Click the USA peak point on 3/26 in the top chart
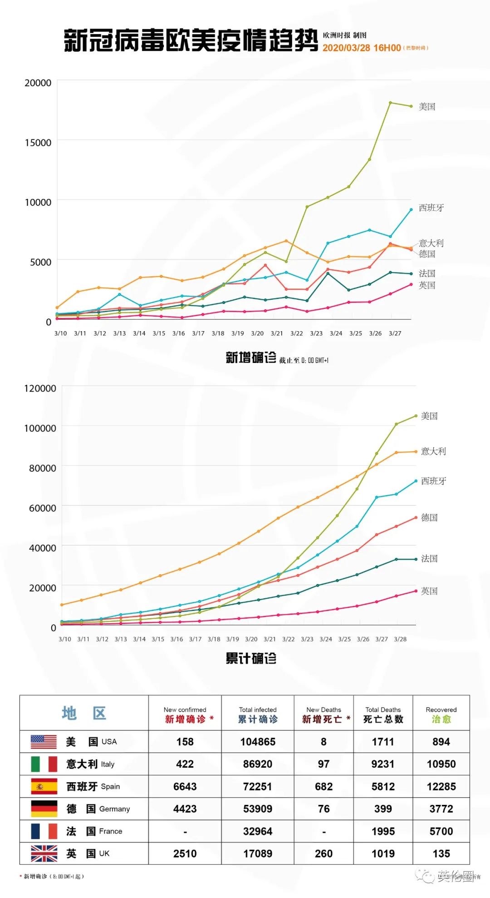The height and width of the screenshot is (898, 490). coord(390,103)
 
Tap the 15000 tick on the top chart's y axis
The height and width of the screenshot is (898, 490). coord(38,143)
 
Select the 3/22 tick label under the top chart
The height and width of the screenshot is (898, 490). coord(297,333)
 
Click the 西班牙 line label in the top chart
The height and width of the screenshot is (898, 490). coord(431,208)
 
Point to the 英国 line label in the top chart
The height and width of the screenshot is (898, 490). coord(427,285)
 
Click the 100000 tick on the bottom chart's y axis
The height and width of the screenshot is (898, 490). coord(40,428)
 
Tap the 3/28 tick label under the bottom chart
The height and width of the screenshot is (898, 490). coord(400,639)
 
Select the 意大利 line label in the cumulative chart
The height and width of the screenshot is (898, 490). coord(433,451)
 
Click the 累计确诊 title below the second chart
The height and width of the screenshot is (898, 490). coord(251,658)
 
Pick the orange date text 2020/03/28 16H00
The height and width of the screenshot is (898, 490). coord(362,48)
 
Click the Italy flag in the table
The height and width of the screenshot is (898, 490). coord(44,764)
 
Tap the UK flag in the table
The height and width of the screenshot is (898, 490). coord(44,853)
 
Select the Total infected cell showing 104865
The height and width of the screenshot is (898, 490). coord(258,742)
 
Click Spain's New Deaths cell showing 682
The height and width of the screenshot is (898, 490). coord(323,787)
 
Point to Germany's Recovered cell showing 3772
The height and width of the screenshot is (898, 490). coord(441,809)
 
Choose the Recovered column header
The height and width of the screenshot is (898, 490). coord(441,714)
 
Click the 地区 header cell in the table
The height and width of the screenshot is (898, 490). coord(84,713)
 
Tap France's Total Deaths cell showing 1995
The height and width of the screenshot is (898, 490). coord(383,831)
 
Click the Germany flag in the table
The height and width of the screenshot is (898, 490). coord(44,809)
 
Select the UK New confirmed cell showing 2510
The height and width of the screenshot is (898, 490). coord(185,853)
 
